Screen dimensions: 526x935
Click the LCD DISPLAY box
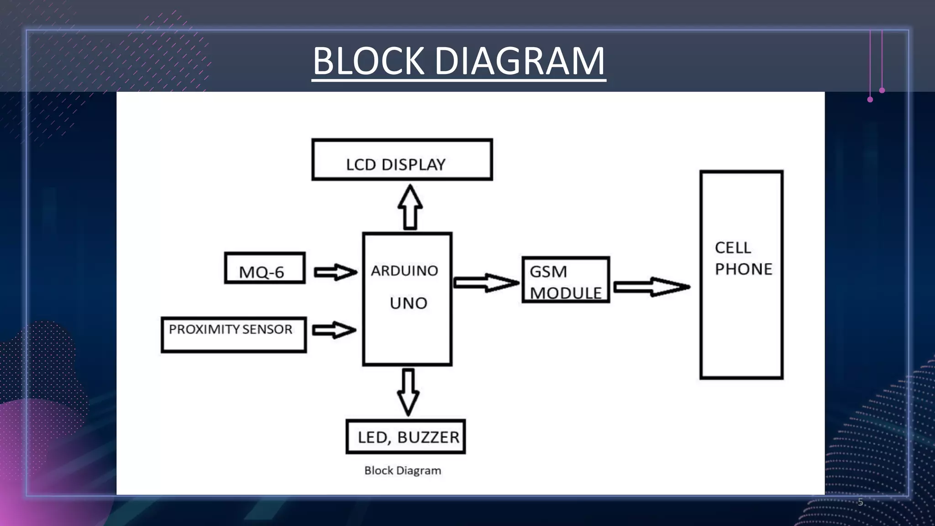(402, 160)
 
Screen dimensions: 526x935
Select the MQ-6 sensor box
(264, 268)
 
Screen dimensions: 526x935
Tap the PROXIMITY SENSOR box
(233, 335)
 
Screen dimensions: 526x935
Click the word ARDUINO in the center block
(404, 271)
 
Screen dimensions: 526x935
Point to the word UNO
(408, 303)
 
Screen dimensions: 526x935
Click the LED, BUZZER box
(405, 437)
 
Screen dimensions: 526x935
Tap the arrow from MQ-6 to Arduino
(335, 272)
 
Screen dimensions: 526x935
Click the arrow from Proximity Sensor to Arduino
(334, 330)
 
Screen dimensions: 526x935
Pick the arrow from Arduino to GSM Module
(486, 283)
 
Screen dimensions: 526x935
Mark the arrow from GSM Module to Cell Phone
(651, 287)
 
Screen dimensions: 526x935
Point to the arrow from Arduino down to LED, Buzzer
(408, 392)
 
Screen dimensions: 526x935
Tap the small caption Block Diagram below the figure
(403, 470)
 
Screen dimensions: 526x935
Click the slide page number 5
(861, 502)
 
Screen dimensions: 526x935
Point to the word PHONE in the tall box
(743, 269)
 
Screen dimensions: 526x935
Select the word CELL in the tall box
(732, 247)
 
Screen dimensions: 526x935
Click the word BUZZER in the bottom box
(428, 437)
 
